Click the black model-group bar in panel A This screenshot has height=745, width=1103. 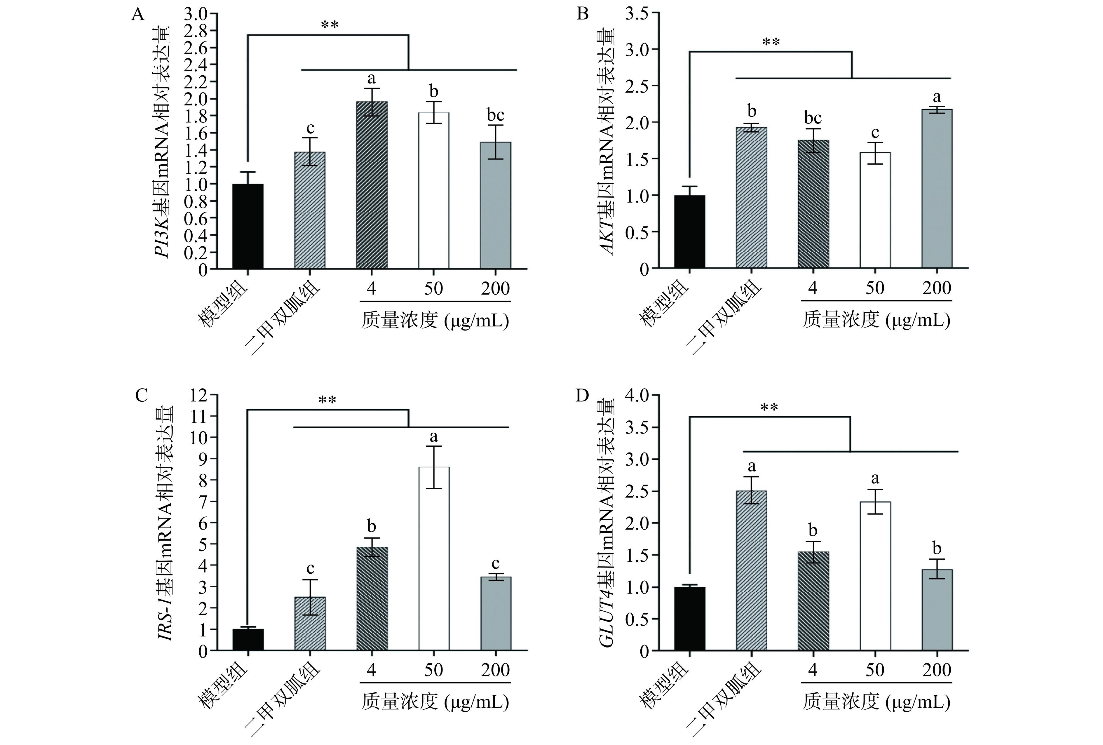pos(248,227)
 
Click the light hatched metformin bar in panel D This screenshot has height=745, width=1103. pos(751,570)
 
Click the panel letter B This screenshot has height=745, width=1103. pos(582,14)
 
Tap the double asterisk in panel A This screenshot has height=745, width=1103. pos(330,25)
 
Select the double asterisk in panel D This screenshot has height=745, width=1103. pos(769,408)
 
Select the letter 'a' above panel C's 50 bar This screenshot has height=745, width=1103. pos(433,436)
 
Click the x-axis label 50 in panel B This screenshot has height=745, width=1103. pos(875,288)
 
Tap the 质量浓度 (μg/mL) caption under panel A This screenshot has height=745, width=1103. pos(435,321)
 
